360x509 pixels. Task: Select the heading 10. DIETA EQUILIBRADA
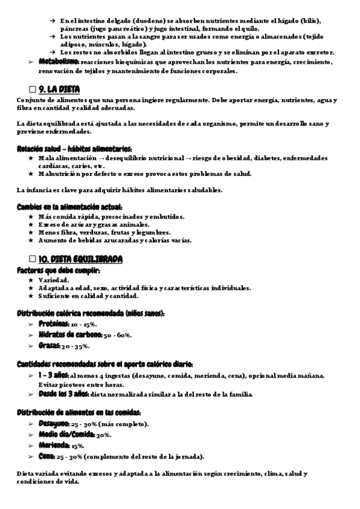[80, 259]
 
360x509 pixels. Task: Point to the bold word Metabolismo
[59, 62]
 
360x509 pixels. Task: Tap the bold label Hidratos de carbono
[71, 335]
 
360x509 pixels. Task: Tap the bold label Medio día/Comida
[66, 435]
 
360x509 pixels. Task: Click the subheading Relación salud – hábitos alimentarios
[74, 149]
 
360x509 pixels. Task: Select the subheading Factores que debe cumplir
[58, 271]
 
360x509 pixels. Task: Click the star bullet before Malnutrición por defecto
[31, 174]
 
